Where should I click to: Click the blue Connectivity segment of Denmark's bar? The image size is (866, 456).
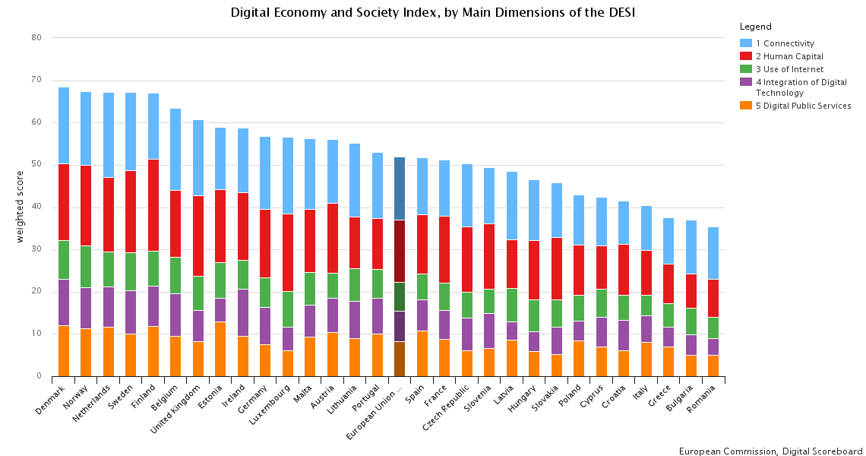click(x=64, y=125)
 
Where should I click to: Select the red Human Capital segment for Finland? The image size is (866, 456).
click(x=153, y=205)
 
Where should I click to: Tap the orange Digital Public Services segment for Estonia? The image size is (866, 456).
click(x=220, y=349)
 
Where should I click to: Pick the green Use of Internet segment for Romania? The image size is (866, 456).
click(x=713, y=328)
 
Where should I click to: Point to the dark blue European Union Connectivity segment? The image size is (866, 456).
click(x=400, y=188)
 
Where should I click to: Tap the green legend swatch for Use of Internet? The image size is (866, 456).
click(x=746, y=69)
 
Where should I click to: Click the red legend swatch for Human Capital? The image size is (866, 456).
click(x=746, y=56)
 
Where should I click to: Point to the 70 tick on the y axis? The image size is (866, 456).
click(x=36, y=80)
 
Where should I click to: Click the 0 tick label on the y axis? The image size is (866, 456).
click(x=39, y=376)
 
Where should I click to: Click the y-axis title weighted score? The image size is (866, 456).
click(x=21, y=207)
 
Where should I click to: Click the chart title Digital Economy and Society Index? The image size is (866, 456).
click(x=432, y=13)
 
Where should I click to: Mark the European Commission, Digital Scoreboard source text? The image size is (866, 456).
click(x=770, y=451)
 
